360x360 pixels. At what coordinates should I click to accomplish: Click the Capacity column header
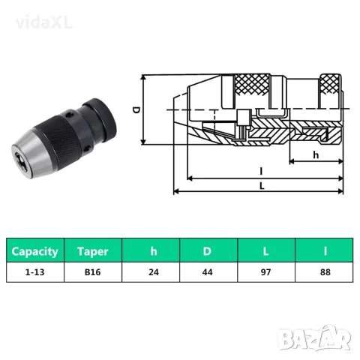click(35, 250)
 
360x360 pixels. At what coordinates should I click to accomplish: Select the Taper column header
click(93, 250)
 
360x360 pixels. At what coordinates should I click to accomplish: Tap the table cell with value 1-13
click(35, 272)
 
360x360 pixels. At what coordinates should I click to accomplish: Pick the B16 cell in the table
click(93, 272)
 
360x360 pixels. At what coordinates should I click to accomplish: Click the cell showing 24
click(151, 272)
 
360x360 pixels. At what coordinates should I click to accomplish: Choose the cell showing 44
click(208, 272)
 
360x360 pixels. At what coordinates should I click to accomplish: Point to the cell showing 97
click(266, 272)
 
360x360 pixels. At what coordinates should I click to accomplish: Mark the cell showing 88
click(324, 272)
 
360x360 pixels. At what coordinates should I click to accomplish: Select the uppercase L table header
click(266, 250)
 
